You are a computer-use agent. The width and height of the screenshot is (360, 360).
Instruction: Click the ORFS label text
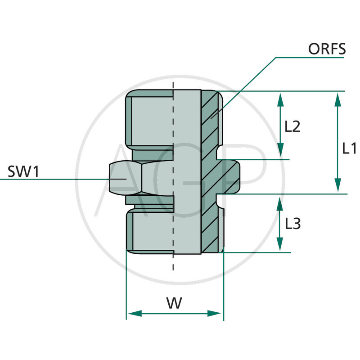(327, 49)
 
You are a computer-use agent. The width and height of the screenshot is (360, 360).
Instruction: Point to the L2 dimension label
(292, 126)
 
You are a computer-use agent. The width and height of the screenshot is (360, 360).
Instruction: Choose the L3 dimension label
(292, 224)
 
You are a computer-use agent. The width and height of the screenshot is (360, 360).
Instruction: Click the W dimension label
(174, 303)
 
